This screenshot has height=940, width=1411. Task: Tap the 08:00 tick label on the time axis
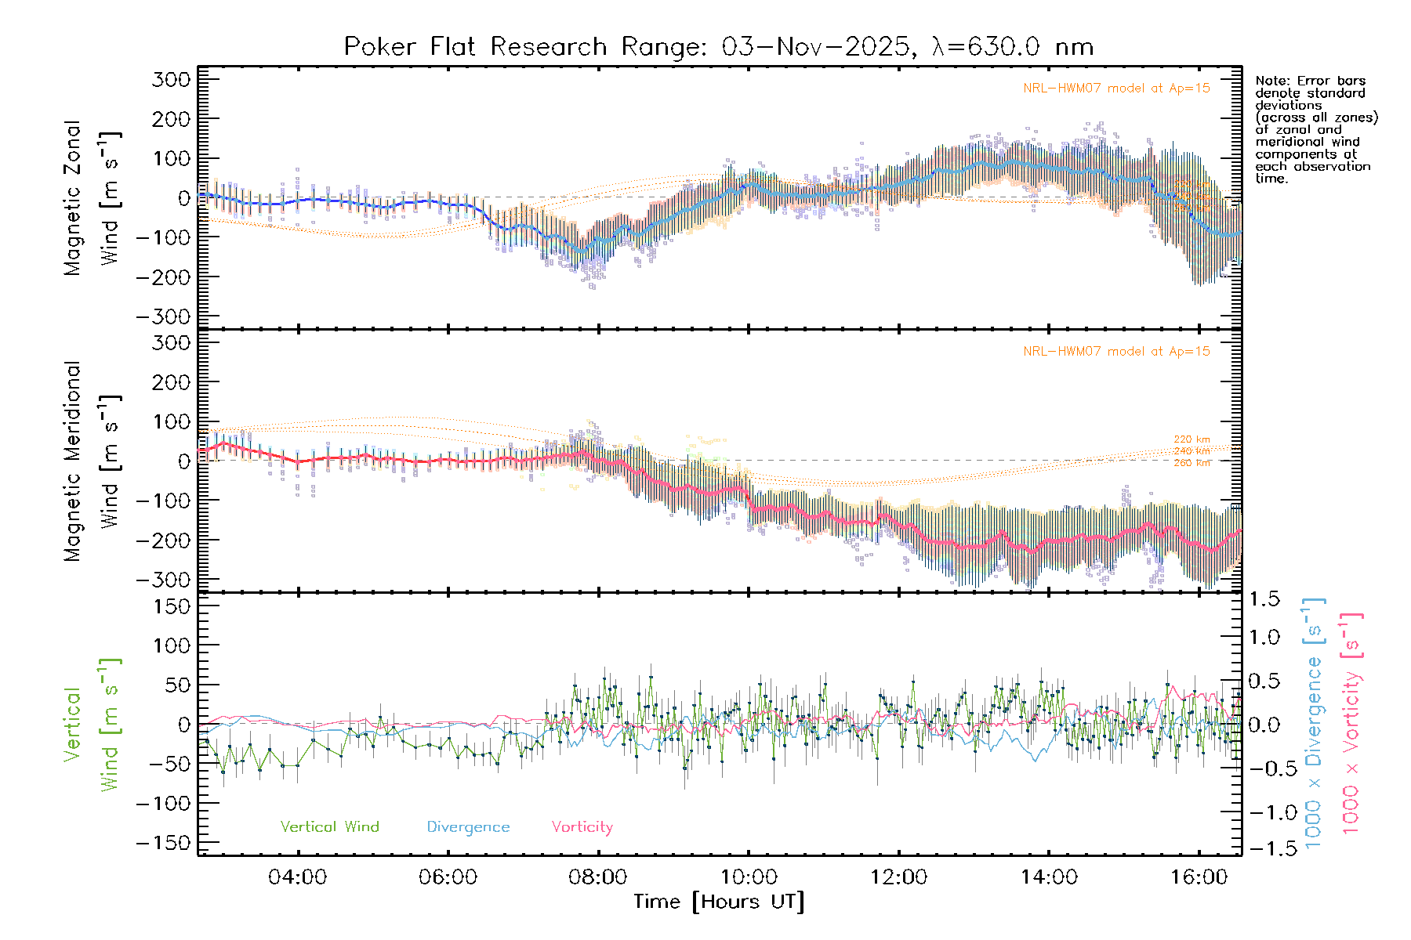[597, 877]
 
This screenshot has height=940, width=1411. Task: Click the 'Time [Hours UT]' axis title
[719, 902]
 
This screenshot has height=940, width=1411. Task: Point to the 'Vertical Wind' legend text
[329, 827]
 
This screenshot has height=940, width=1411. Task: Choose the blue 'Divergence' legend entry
[468, 827]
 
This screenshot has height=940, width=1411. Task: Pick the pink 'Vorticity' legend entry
[582, 827]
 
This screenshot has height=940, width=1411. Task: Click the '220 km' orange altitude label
[1192, 439]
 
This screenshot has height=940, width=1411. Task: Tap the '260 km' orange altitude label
[1192, 463]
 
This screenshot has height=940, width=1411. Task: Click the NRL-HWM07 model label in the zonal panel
[1116, 89]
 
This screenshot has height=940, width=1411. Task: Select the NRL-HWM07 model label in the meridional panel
[1116, 352]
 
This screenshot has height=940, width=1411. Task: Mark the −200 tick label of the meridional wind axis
[163, 540]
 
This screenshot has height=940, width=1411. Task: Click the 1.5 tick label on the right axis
[1264, 599]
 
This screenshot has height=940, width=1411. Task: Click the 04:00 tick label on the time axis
[297, 877]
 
